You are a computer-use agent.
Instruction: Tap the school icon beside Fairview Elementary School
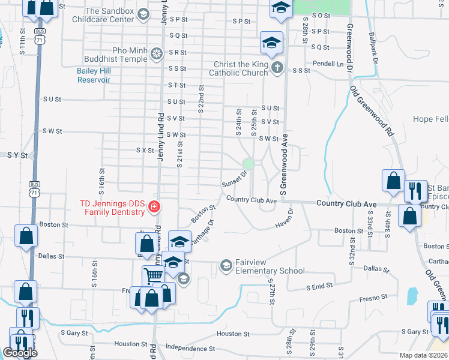click(x=226, y=265)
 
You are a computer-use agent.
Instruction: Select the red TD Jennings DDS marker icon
click(x=155, y=207)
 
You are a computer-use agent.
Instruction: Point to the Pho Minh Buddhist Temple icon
click(x=157, y=54)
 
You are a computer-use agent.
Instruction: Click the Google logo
click(x=20, y=353)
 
